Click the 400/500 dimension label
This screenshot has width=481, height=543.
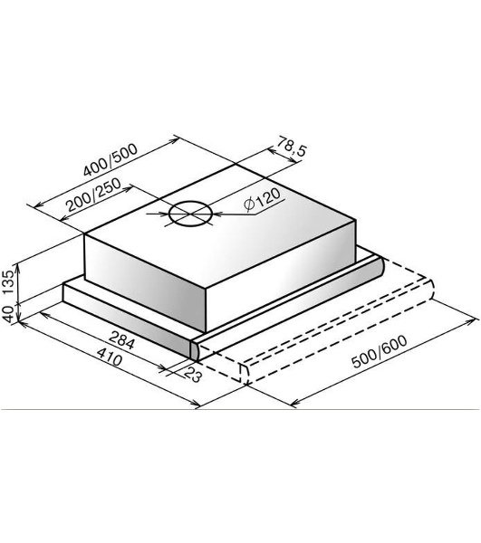coord(111,159)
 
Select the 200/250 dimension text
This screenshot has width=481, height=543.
coord(94,195)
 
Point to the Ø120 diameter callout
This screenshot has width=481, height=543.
coord(263,200)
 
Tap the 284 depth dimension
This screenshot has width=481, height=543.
coord(121,340)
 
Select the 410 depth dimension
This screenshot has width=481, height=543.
coord(110,357)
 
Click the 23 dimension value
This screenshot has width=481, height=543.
coord(192,375)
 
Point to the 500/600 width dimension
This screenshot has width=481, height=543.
coord(380,351)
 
